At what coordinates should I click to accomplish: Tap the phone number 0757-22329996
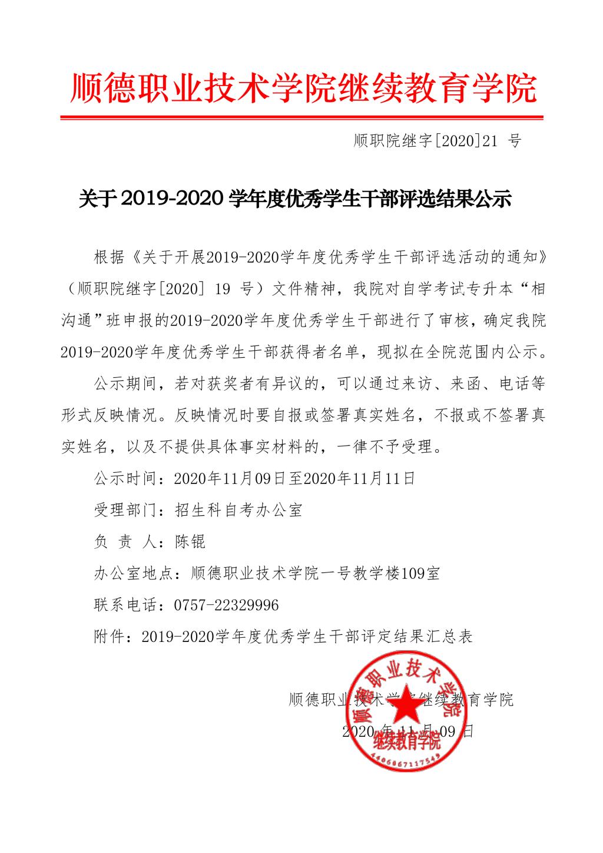(226, 605)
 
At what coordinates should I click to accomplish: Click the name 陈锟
(190, 541)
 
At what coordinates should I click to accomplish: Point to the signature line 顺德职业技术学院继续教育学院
(401, 700)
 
